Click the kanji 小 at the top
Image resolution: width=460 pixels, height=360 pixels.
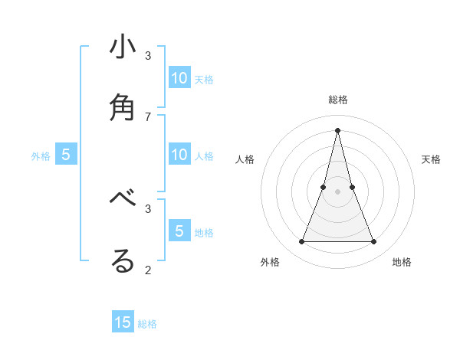(x=123, y=48)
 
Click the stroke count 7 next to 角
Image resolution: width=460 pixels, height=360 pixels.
(x=148, y=116)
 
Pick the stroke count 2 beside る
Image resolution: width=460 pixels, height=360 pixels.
(x=148, y=269)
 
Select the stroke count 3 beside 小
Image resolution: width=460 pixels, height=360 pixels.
(x=148, y=55)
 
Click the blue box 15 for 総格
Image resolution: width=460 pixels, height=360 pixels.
(x=123, y=322)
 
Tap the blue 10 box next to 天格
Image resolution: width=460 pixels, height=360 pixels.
(x=179, y=78)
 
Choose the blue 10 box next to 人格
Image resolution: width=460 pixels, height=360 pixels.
(x=179, y=155)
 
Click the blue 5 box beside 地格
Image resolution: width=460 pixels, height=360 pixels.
(x=179, y=231)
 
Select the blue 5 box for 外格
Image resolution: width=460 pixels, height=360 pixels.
(x=66, y=155)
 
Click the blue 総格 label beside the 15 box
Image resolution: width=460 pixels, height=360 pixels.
(x=147, y=324)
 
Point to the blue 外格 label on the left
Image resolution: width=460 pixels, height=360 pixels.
(x=41, y=156)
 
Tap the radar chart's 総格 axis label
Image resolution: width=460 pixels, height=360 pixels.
(x=338, y=100)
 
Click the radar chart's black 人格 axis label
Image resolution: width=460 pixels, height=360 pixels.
(x=245, y=159)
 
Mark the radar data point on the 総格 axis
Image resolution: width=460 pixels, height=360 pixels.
(x=338, y=130)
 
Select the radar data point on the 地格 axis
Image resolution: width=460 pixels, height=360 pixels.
(x=374, y=242)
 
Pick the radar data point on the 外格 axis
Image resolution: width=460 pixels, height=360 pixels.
(x=301, y=242)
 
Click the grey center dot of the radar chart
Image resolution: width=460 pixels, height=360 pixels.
(x=338, y=191)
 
